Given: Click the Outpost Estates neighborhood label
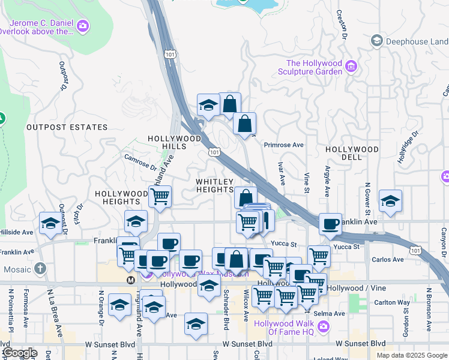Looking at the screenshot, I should [x=67, y=127].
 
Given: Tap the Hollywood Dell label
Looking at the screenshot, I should [x=352, y=153].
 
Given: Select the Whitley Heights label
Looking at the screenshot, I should [x=214, y=185].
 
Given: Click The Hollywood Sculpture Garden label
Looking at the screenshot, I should [x=314, y=67].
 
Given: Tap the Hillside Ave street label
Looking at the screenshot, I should [x=17, y=232].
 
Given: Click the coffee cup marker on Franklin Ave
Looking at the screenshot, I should [x=330, y=224].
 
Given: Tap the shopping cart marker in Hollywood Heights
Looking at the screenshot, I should [x=160, y=196].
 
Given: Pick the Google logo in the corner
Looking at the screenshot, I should [x=19, y=353].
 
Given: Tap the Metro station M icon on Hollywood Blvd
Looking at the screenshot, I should [x=130, y=280].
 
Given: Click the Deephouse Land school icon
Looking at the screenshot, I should [x=377, y=41].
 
